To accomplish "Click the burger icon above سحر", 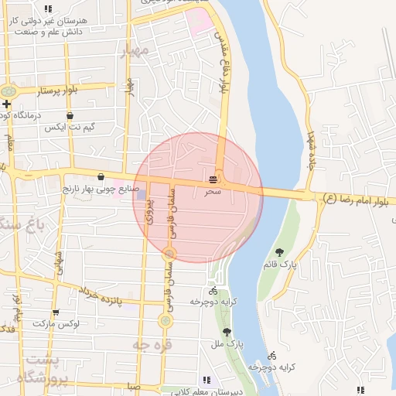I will (x=213, y=178).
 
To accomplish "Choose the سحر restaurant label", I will (x=213, y=189).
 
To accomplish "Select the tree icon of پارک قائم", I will (x=279, y=251).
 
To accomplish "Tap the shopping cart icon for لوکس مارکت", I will (x=34, y=322).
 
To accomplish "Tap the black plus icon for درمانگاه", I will (x=6, y=104).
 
